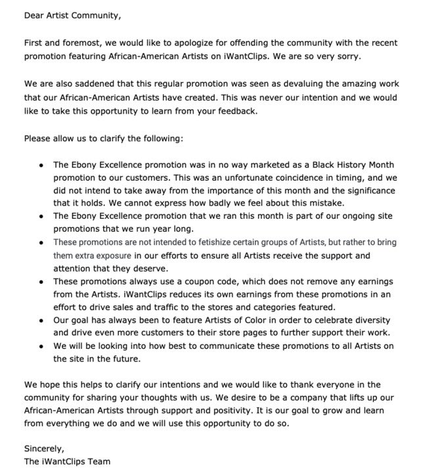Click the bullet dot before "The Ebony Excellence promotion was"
click(x=41, y=166)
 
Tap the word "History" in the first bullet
click(x=349, y=165)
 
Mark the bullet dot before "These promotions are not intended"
click(x=41, y=242)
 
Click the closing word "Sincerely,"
click(x=45, y=449)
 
